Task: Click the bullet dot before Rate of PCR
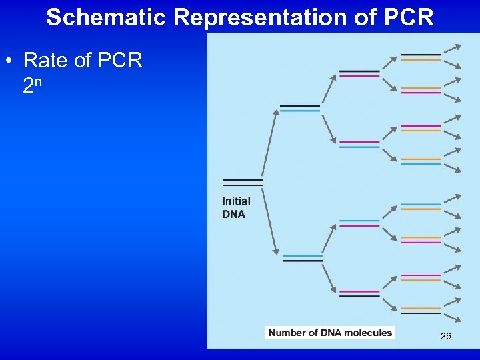point(8,61)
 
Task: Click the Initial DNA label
point(237,207)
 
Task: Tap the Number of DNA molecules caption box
point(329,333)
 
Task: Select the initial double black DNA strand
point(243,182)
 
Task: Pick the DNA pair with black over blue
point(300,108)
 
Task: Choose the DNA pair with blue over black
point(303,258)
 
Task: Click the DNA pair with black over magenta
point(359,73)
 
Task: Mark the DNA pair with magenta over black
point(359,293)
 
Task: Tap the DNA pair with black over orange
point(421,57)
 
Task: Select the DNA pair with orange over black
point(421,311)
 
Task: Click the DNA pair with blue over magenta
point(359,223)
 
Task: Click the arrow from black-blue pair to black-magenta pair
point(328,90)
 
